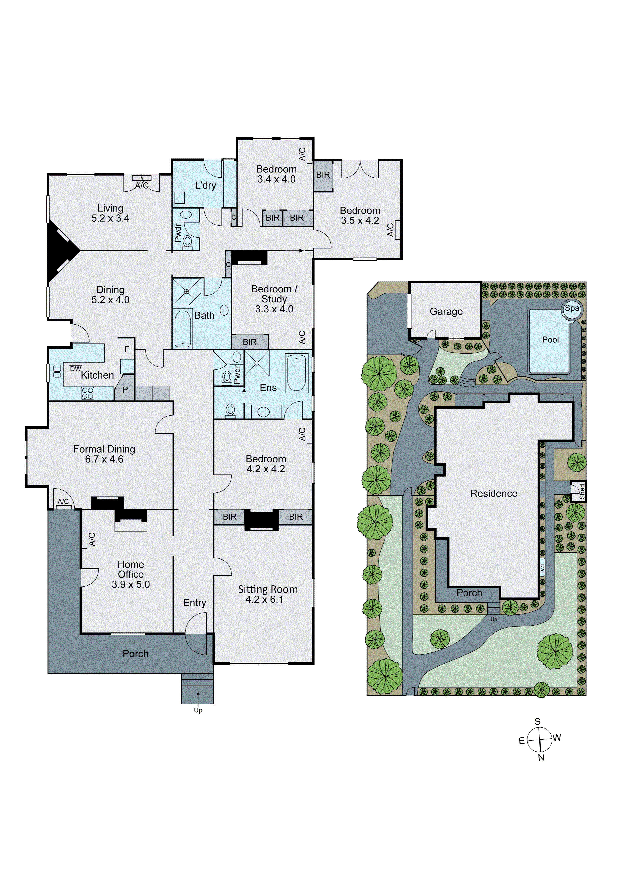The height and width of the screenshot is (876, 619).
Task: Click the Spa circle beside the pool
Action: [x=572, y=308]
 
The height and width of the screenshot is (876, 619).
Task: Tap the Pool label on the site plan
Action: [x=550, y=340]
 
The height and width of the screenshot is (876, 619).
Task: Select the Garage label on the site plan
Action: [x=446, y=312]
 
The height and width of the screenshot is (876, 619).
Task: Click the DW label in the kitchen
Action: [x=75, y=369]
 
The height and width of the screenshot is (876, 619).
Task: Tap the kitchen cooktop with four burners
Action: [x=87, y=393]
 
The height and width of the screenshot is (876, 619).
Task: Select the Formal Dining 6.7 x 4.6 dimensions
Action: [x=104, y=459]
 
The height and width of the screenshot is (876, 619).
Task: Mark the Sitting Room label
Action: [x=268, y=589]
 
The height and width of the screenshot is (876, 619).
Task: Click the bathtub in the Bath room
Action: [x=183, y=329]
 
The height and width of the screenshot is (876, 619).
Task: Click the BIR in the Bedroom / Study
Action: [x=250, y=342]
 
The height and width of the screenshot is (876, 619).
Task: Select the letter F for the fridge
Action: [x=127, y=349]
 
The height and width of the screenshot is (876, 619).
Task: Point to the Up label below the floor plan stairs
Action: [x=198, y=710]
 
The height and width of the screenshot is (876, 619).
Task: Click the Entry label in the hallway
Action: [x=194, y=603]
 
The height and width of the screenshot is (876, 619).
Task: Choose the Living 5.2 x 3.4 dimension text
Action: [x=110, y=218]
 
